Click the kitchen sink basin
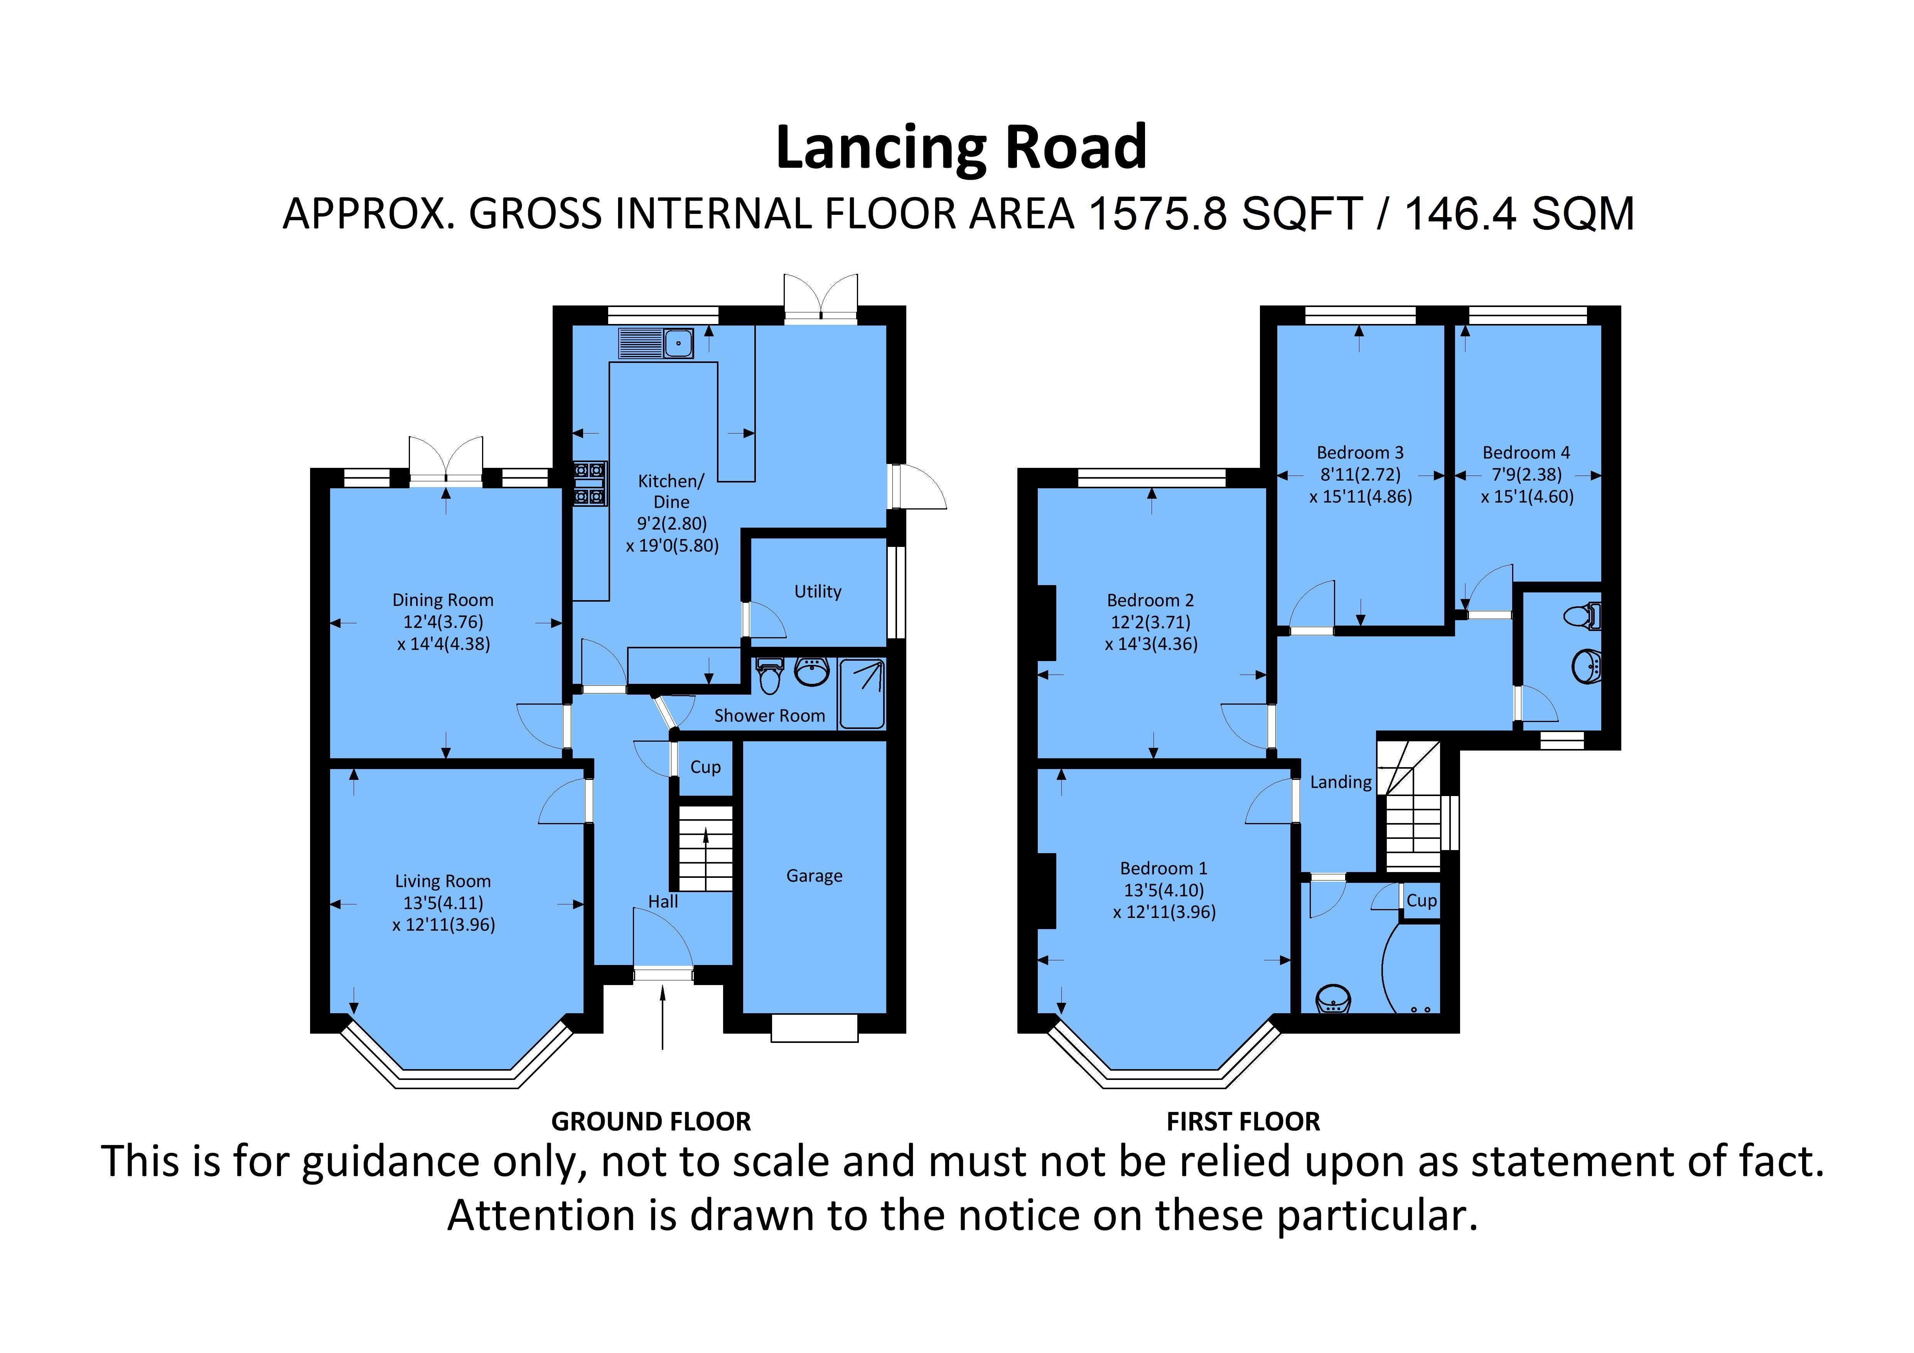coord(679,342)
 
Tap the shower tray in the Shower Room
coord(862,693)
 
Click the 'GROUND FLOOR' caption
coord(651,1121)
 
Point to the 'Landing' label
coord(1341,782)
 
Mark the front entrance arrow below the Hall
coord(663,1017)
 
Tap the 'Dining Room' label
coord(443,600)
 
